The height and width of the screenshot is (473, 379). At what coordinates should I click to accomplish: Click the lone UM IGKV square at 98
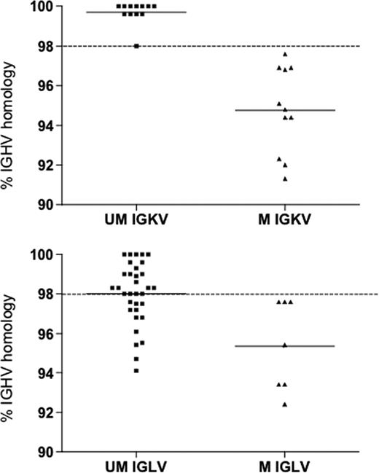pos(136,46)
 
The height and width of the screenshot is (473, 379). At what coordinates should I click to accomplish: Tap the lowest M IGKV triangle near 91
pos(285,179)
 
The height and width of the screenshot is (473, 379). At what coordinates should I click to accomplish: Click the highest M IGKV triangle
pos(285,54)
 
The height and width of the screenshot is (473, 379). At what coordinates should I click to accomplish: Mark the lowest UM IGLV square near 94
pos(136,370)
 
